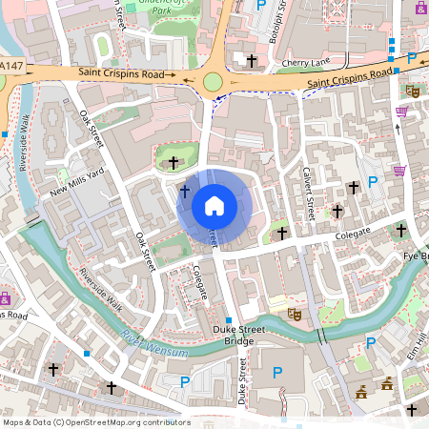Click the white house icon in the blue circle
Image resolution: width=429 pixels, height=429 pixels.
click(x=214, y=205)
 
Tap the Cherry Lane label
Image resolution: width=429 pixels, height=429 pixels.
click(x=305, y=64)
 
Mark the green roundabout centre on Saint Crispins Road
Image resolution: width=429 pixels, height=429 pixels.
click(x=213, y=83)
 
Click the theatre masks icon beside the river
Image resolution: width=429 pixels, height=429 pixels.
click(x=294, y=312)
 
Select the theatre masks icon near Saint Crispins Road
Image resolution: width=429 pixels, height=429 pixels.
click(x=413, y=91)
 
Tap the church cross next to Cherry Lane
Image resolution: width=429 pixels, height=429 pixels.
click(x=252, y=60)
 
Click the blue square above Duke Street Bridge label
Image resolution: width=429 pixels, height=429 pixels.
click(x=229, y=318)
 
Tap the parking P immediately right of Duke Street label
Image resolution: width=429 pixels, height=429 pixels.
click(x=278, y=373)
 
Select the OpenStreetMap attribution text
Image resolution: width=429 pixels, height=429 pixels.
click(x=95, y=421)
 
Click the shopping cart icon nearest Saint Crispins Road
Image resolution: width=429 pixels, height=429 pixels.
click(x=401, y=112)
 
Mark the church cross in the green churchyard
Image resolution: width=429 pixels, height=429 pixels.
click(x=173, y=163)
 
